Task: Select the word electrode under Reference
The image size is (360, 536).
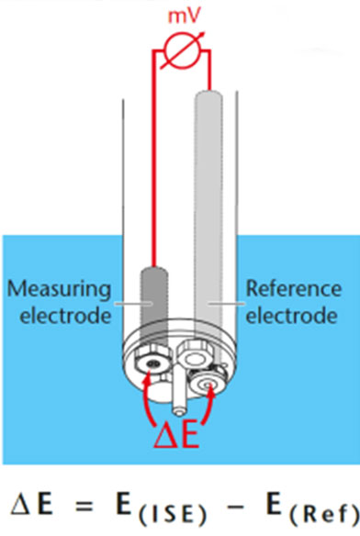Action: tap(289, 317)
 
